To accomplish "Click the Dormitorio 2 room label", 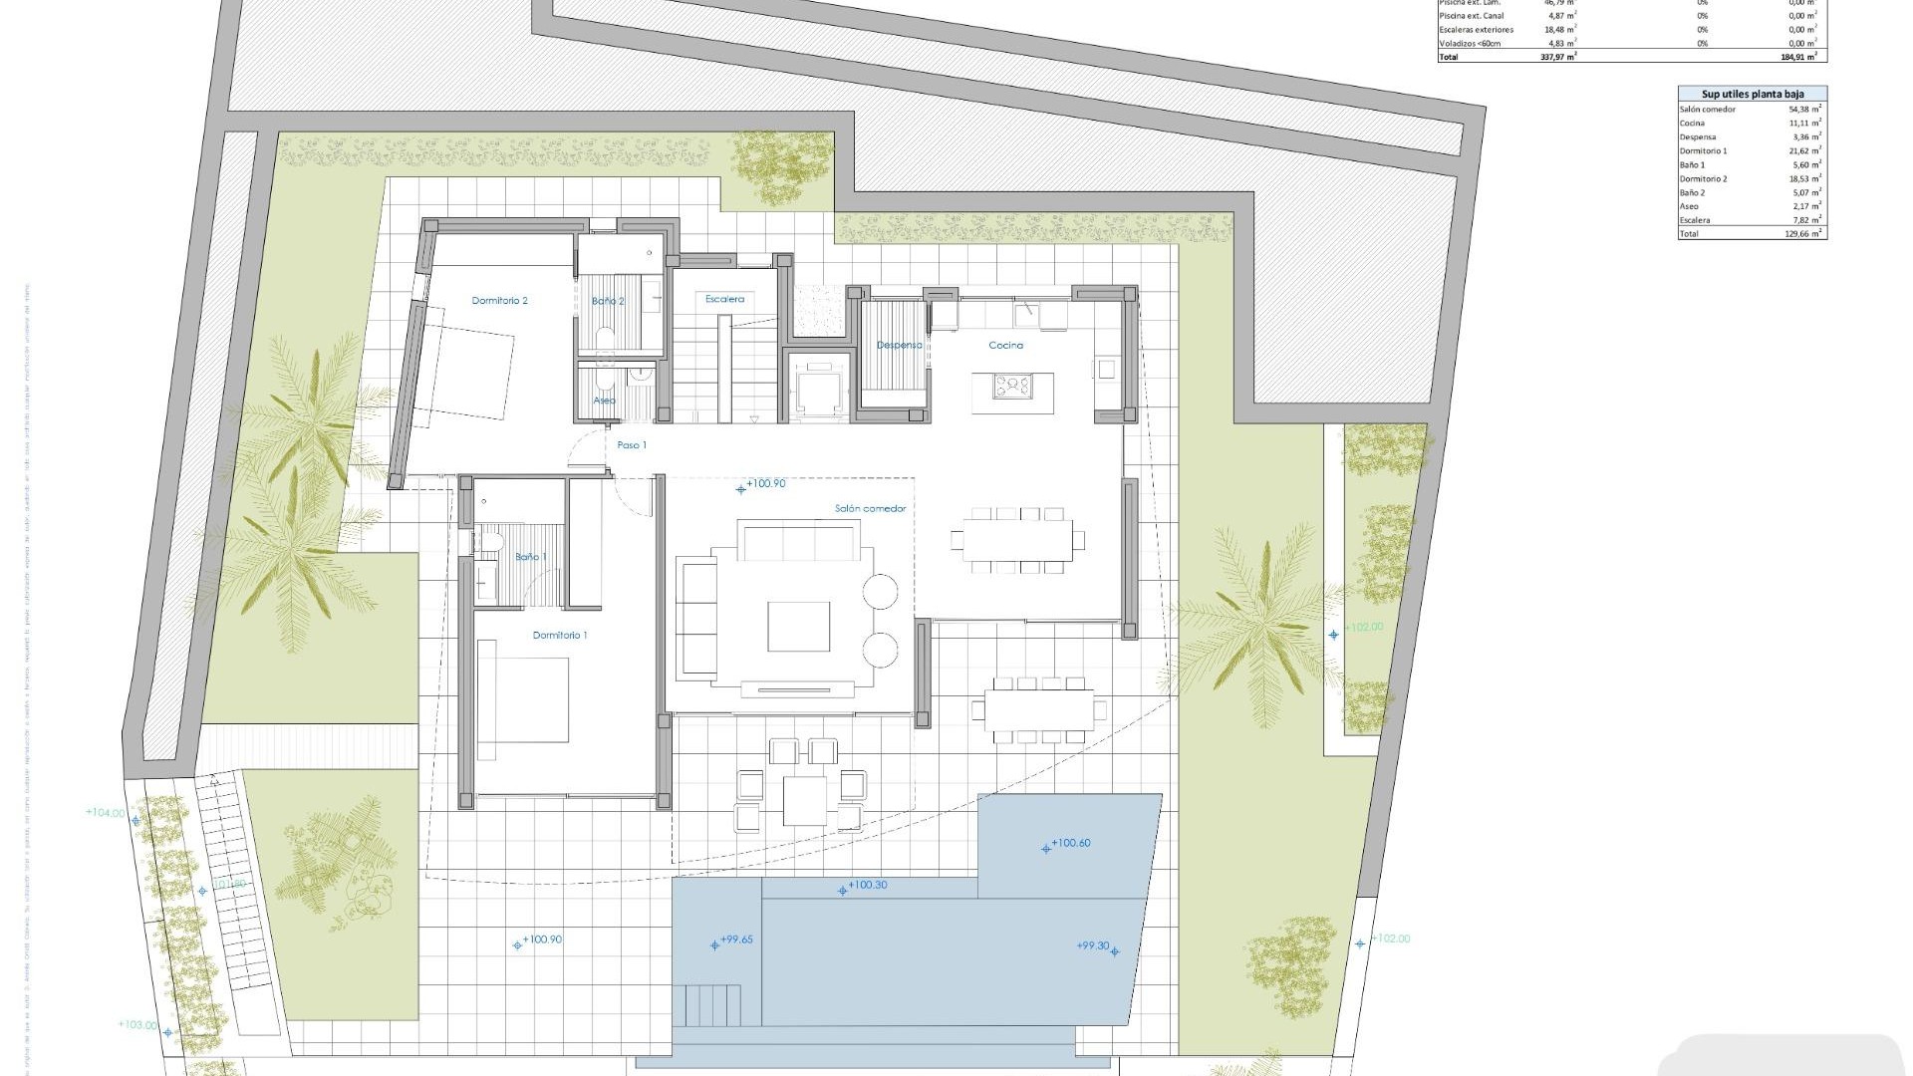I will click(x=499, y=300).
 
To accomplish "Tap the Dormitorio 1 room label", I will click(x=559, y=635).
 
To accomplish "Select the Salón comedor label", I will click(x=870, y=508).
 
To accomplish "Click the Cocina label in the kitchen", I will click(x=1005, y=345).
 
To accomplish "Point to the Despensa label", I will click(x=898, y=345).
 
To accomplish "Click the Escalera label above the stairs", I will click(x=724, y=299).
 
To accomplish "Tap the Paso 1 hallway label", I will click(x=632, y=444).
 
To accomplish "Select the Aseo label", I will click(x=604, y=400).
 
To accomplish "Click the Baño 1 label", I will click(x=530, y=556).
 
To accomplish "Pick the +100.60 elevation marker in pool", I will click(x=1070, y=843).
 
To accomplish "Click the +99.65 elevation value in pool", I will click(x=736, y=940).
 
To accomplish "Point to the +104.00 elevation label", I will click(x=106, y=813).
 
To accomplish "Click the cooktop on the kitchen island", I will click(x=1013, y=383).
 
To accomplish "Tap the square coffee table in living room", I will click(x=798, y=627).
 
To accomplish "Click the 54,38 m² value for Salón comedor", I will click(x=1804, y=109).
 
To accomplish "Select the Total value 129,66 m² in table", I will click(x=1804, y=233).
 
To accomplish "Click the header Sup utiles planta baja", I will click(x=1752, y=93).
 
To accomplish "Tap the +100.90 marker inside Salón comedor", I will click(x=764, y=484).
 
